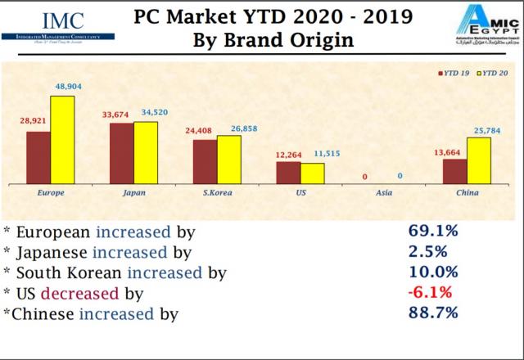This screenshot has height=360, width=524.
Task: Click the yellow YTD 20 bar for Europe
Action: pos(62,142)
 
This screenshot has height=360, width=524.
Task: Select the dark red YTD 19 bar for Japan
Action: pos(121,155)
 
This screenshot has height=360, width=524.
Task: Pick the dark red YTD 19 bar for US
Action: pos(288,174)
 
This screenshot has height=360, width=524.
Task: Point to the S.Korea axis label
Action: pos(217,193)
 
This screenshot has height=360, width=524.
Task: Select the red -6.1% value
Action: pos(430,291)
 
